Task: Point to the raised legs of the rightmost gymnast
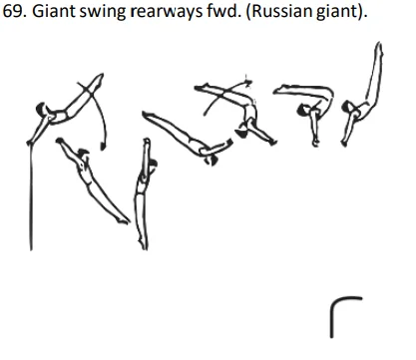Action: [376, 70]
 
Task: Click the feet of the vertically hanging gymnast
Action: [147, 242]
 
